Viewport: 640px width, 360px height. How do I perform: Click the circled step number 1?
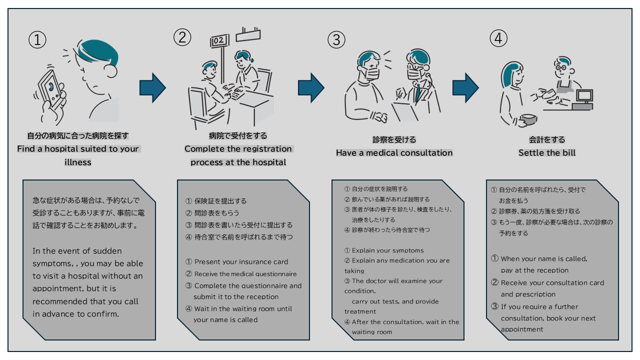click(x=37, y=40)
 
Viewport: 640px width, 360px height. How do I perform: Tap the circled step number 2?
click(x=182, y=36)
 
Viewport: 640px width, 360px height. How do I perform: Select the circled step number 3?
click(x=336, y=39)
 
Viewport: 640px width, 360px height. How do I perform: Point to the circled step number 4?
click(x=498, y=37)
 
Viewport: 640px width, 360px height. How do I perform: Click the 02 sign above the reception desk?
click(x=218, y=41)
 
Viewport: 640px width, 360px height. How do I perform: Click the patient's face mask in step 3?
click(x=370, y=74)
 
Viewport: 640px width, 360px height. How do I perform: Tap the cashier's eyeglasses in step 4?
click(x=561, y=66)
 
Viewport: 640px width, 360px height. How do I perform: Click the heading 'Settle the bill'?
click(x=546, y=152)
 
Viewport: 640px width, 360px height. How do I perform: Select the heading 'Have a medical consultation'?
click(x=394, y=152)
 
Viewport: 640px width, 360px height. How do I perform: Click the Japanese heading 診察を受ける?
click(x=394, y=140)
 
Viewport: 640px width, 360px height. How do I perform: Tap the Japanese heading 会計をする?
click(x=546, y=140)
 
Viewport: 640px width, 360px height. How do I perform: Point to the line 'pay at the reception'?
click(x=534, y=270)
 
